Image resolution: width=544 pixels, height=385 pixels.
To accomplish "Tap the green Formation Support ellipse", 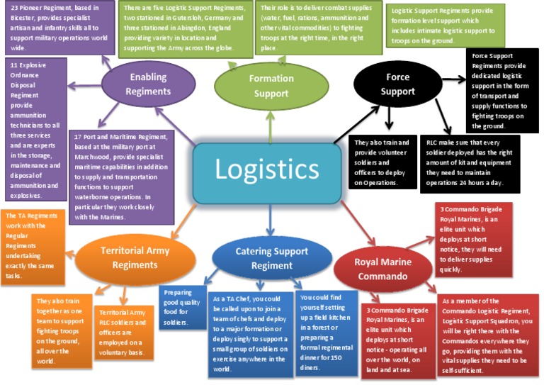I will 271,86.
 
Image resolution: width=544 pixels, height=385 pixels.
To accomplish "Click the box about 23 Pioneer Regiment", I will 57,28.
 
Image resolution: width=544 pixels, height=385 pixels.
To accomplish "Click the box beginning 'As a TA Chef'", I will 250,333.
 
